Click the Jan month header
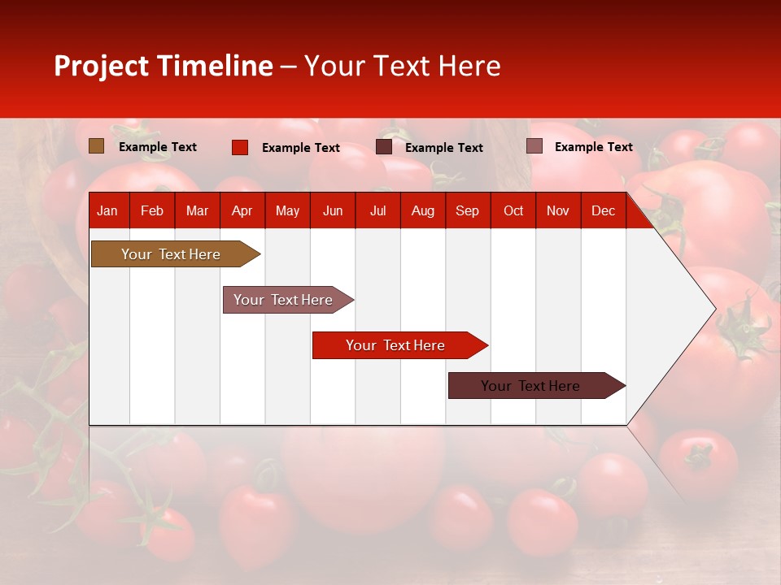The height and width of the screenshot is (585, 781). coord(107,211)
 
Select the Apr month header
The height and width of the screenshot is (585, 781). coord(242,211)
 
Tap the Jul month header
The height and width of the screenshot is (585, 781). coord(377,211)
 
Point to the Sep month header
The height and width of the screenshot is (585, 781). coord(467,211)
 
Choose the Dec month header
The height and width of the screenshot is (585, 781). coord(603,211)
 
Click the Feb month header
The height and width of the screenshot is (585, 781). coord(152,211)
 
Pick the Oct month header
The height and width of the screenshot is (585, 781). coord(513,211)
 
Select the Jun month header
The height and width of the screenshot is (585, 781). coord(333,211)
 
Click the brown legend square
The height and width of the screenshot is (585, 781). coord(97,146)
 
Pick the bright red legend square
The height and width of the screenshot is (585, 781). coord(240,147)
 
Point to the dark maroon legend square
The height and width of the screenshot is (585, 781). coord(384,147)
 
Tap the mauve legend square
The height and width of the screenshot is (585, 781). coord(534,146)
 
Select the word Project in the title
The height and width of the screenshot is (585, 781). coord(101,66)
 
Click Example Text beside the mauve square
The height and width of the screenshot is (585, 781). coord(593,147)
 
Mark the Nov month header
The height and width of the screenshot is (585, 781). coord(558,211)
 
